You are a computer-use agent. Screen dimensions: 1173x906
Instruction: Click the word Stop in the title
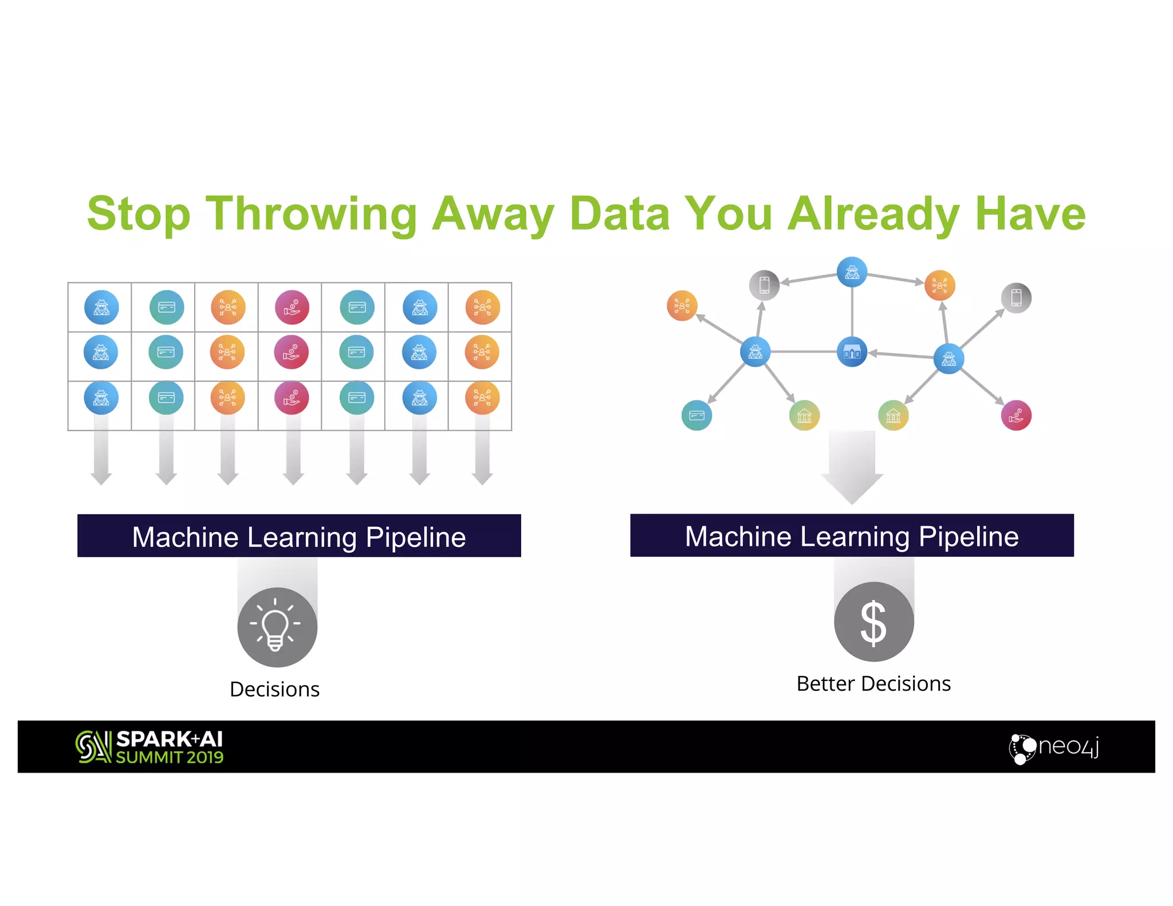tap(138, 214)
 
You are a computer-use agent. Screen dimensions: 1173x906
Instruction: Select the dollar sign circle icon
tap(873, 622)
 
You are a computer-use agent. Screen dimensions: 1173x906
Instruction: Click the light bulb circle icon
tap(277, 627)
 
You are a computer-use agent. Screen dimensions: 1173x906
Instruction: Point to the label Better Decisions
tap(873, 684)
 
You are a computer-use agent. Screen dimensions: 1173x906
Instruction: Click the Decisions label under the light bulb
tap(274, 690)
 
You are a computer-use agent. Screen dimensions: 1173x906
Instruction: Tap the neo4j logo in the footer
tap(1054, 748)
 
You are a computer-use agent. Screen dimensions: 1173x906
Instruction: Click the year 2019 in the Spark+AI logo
tap(204, 758)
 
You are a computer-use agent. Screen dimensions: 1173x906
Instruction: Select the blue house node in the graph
tap(852, 352)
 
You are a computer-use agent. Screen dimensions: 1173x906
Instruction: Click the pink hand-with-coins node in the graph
tap(1016, 415)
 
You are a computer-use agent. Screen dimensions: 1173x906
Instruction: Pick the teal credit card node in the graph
tap(696, 415)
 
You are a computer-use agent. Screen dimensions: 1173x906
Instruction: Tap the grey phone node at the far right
tap(1016, 298)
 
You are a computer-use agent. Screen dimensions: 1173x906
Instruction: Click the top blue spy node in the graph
tap(852, 272)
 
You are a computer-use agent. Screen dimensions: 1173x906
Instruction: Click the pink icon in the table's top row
tap(292, 308)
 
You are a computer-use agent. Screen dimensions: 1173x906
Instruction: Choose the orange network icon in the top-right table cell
tap(482, 308)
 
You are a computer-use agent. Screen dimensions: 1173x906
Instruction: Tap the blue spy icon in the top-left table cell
tap(101, 308)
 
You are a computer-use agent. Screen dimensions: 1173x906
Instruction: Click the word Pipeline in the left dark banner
tap(415, 537)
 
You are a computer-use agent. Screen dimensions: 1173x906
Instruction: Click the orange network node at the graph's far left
tap(682, 306)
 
